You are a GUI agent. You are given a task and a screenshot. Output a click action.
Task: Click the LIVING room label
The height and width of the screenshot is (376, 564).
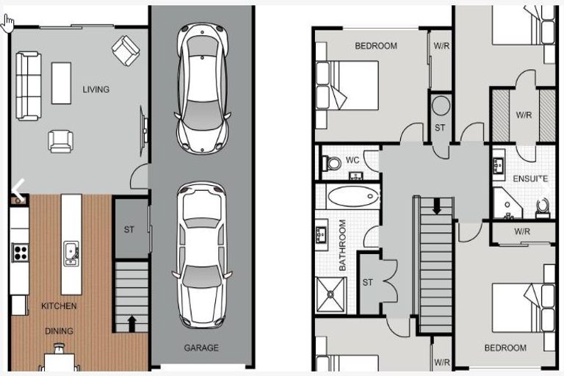coord(95,90)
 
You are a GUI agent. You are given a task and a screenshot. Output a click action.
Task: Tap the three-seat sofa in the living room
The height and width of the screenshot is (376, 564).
coord(29,85)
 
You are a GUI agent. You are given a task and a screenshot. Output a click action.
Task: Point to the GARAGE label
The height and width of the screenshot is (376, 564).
coord(201,348)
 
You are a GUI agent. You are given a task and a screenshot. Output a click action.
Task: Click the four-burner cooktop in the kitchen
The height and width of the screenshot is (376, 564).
coord(20,253)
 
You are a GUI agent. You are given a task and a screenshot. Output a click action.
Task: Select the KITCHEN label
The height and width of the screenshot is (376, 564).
coord(59,305)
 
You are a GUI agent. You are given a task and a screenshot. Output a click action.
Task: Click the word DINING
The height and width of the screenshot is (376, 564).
coord(59,331)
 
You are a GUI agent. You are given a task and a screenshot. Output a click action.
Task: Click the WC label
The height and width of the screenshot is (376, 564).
coord(352,160)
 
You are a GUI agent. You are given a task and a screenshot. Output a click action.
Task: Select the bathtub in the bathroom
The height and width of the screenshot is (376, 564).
coord(352,196)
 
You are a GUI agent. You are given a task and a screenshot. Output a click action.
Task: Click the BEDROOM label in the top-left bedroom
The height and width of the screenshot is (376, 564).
coord(376,46)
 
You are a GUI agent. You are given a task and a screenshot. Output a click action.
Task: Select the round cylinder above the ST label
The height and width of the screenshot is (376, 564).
coord(441,106)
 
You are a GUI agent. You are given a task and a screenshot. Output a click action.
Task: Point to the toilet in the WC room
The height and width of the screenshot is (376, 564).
coord(332,163)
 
